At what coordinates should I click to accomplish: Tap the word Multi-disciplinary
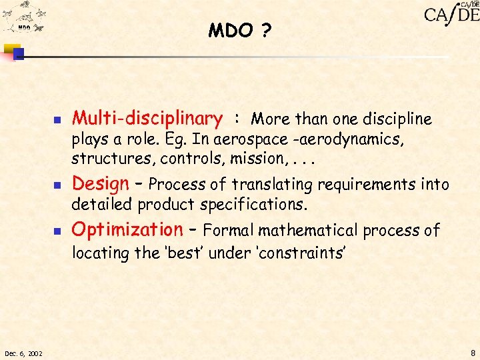(x=147, y=119)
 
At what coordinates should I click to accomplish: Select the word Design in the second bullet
(x=99, y=183)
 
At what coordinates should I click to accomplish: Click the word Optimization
(x=126, y=230)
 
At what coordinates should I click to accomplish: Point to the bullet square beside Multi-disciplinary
(x=57, y=121)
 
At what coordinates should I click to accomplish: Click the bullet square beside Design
(x=57, y=185)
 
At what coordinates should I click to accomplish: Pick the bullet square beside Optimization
(x=57, y=232)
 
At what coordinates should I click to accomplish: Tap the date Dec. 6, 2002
(x=23, y=352)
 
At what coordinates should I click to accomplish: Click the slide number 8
(x=472, y=352)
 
